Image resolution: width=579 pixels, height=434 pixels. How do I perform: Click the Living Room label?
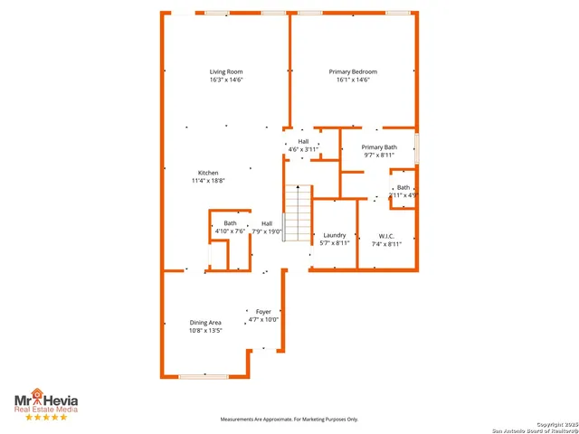(226, 71)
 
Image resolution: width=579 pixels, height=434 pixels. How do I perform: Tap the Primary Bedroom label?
(353, 71)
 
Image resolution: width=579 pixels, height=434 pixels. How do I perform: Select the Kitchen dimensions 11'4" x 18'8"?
(208, 181)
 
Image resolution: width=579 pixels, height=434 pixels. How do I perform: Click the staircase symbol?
(298, 212)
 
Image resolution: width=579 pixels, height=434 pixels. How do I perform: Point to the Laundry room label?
(336, 235)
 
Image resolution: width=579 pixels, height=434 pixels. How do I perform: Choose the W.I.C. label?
(387, 235)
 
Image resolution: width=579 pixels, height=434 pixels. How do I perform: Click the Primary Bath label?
(379, 146)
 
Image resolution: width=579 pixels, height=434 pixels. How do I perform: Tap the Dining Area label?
(205, 322)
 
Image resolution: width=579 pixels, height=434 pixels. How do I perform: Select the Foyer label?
(263, 312)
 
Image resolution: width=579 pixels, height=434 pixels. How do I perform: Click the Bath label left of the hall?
(231, 223)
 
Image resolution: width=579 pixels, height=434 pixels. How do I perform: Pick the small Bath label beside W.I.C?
(403, 187)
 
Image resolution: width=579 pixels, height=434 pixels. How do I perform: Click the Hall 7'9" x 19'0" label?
(267, 223)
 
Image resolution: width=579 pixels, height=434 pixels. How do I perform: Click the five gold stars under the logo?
(45, 417)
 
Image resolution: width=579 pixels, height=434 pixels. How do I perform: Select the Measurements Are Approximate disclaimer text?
(290, 419)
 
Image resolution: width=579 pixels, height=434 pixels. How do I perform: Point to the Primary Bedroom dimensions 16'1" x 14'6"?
(353, 80)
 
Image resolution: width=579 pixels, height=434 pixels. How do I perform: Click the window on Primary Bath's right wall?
(417, 146)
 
